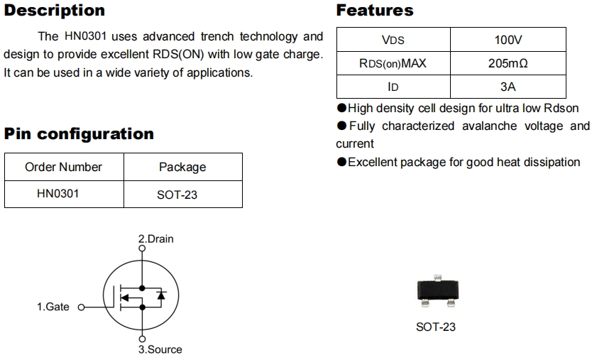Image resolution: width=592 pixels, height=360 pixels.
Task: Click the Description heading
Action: click(x=55, y=11)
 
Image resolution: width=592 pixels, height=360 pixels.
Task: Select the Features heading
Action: click(x=375, y=11)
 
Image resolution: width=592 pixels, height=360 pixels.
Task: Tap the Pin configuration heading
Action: click(x=79, y=133)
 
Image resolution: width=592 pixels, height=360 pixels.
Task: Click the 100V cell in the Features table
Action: click(x=508, y=40)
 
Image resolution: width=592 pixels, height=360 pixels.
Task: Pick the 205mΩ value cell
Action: click(x=508, y=63)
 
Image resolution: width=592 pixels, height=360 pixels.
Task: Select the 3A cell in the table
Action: click(x=508, y=87)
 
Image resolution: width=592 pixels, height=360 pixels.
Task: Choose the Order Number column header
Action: click(x=63, y=167)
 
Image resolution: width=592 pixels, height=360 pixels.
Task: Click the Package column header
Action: click(x=182, y=167)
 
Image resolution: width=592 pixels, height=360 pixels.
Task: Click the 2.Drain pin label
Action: click(x=155, y=239)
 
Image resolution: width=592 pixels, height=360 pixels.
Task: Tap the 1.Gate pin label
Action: click(x=53, y=307)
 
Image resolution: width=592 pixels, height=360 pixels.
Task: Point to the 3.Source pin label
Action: click(x=160, y=349)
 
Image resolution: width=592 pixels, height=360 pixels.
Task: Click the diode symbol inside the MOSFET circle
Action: click(x=161, y=295)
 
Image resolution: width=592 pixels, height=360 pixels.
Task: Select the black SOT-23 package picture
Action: click(x=435, y=292)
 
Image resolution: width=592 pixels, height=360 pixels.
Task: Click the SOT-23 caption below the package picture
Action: click(x=435, y=327)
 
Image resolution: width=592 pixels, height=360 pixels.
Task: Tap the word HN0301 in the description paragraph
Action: click(x=84, y=36)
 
